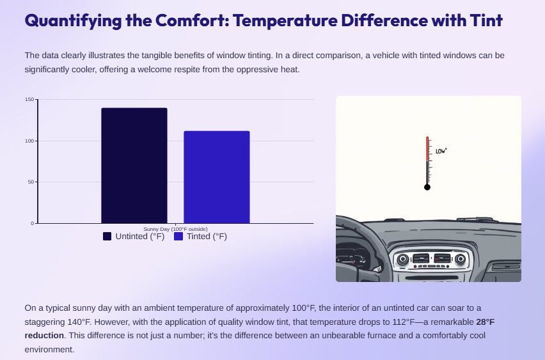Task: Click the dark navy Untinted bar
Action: [x=134, y=166]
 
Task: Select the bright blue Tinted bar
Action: [x=217, y=177]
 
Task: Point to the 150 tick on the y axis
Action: [x=29, y=99]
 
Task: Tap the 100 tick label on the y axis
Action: [x=29, y=141]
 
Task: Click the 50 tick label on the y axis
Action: [x=31, y=182]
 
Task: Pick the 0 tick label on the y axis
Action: [x=33, y=223]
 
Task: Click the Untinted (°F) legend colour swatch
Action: [x=107, y=237]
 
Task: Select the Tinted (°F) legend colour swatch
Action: [x=178, y=237]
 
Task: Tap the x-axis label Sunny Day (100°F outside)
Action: [x=175, y=229]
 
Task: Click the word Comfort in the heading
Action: [x=192, y=20]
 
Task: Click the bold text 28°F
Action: [x=486, y=322]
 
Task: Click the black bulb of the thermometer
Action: [x=427, y=187]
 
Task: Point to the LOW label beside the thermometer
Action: [x=441, y=151]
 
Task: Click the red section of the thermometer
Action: [x=427, y=149]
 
